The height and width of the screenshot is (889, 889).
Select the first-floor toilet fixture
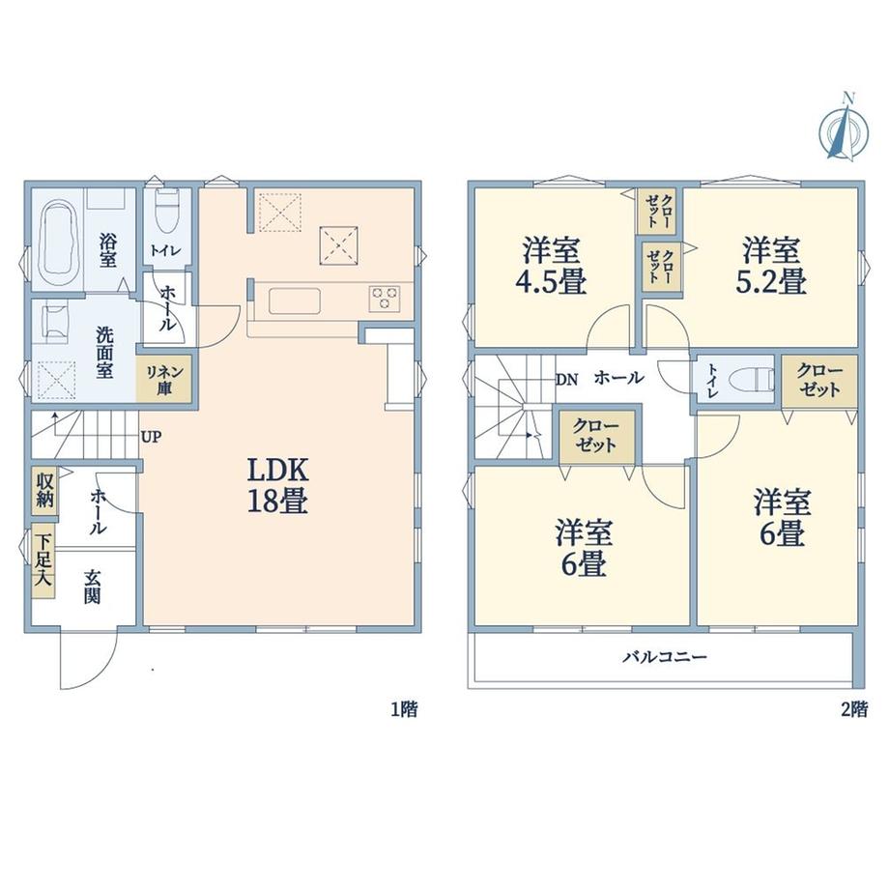click(x=166, y=211)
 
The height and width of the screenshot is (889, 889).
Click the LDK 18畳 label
click(x=277, y=485)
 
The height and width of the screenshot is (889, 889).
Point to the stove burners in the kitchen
click(x=385, y=299)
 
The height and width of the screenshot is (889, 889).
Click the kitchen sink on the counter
click(x=295, y=301)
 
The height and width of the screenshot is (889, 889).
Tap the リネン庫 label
click(x=164, y=380)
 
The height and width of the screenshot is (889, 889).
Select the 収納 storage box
click(x=44, y=491)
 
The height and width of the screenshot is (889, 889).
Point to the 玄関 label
click(x=93, y=587)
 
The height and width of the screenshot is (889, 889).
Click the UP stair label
click(x=152, y=437)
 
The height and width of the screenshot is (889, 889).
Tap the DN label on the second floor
click(x=566, y=380)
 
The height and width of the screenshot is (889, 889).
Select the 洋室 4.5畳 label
click(x=551, y=266)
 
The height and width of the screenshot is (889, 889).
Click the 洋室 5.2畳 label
click(x=771, y=266)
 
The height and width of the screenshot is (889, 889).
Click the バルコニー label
click(x=665, y=657)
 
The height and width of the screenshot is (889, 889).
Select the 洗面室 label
click(x=104, y=352)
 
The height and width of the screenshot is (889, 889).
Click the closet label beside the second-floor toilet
click(x=819, y=381)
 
